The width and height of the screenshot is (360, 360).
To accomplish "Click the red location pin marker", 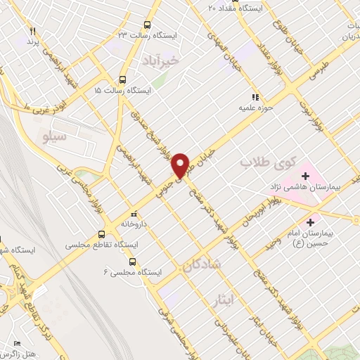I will pos(181,165).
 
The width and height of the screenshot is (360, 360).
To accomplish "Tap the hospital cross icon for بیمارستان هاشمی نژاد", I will pos(305,174).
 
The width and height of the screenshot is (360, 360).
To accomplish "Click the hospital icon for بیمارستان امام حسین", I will pos(310,221).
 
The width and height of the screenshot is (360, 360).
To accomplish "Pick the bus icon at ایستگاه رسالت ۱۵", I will pos(123,79).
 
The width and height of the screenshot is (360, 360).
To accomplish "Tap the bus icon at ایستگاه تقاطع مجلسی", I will pos(102,234).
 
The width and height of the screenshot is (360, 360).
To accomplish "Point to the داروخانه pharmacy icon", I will pos(134,214).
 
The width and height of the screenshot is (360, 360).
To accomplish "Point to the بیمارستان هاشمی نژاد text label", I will pos(305,188).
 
